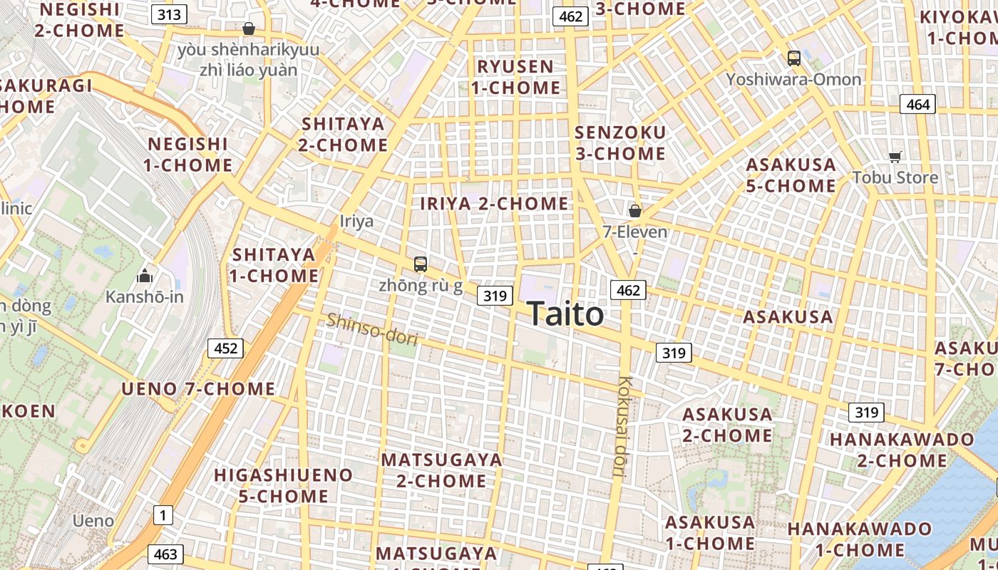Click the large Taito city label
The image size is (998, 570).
(x=565, y=313)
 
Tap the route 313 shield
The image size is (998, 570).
(x=170, y=14)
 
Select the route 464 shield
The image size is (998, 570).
(x=917, y=105)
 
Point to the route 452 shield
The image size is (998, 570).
(x=225, y=348)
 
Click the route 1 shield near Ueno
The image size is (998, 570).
(x=163, y=514)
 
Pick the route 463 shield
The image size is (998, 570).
(x=165, y=554)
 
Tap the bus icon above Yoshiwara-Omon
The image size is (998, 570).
(x=793, y=58)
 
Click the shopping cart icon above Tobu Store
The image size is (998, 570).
(x=895, y=157)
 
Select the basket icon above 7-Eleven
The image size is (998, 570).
(x=634, y=211)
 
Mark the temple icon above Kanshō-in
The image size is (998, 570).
(x=145, y=276)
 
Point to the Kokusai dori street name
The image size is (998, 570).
(x=625, y=426)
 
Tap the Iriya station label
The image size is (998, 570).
(x=356, y=221)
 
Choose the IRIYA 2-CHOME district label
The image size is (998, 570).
(x=494, y=204)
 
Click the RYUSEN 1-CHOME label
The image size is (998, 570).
(x=515, y=77)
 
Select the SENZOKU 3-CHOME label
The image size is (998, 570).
(x=620, y=143)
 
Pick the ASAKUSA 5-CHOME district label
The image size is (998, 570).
(x=791, y=175)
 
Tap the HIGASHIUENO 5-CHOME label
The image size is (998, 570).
(x=284, y=485)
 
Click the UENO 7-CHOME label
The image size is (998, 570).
(x=198, y=389)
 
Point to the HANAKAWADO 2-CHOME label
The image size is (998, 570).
(x=901, y=450)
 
